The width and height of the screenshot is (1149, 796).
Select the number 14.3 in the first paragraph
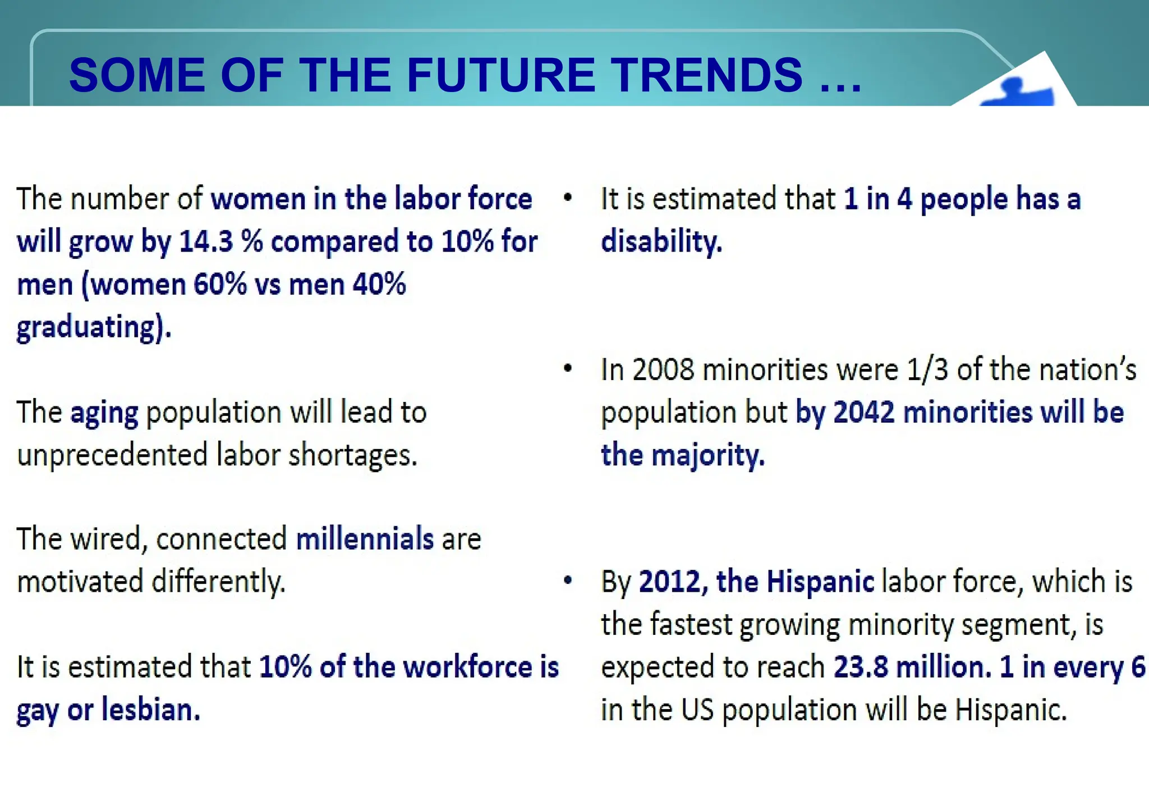pyautogui.click(x=205, y=242)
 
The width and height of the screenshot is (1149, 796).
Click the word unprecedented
pyautogui.click(x=112, y=455)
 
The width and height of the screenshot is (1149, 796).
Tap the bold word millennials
pyautogui.click(x=365, y=539)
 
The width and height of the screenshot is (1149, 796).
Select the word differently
pyautogui.click(x=218, y=582)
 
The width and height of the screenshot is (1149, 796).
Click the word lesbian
pyautogui.click(x=150, y=710)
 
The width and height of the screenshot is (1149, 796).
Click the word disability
pyautogui.click(x=661, y=242)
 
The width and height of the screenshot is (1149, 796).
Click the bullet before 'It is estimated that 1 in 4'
pyautogui.click(x=568, y=198)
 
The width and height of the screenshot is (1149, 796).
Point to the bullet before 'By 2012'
pyautogui.click(x=568, y=580)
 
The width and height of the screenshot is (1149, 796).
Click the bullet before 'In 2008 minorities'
pyautogui.click(x=568, y=369)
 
